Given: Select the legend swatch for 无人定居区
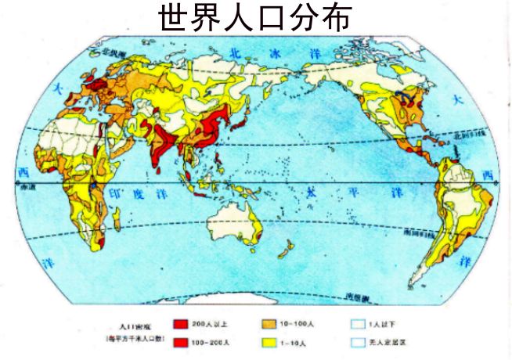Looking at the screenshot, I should pos(359,342).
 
